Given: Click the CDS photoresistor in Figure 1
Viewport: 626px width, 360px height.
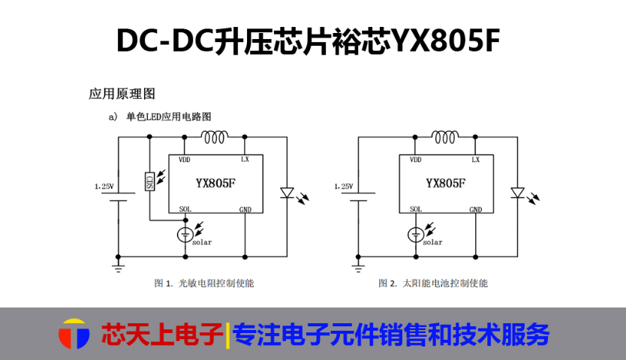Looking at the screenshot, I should coord(149,181).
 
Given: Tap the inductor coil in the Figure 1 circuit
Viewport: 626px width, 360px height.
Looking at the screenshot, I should coord(215,136).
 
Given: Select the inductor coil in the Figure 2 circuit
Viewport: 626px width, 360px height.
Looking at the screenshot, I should coord(444,136).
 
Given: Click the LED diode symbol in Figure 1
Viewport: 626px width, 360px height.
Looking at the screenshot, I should coord(287,193).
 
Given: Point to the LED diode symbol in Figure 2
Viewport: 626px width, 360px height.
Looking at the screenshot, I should coord(516,193).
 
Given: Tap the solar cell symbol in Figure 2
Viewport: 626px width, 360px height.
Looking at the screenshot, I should coord(416,234).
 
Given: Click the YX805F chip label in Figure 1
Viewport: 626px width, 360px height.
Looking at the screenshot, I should coord(215,182).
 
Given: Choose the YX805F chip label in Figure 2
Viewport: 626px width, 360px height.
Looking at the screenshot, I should coord(445,182).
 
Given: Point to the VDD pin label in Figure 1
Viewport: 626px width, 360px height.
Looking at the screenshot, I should coord(184,160).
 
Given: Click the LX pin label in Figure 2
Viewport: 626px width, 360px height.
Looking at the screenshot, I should coord(475,160).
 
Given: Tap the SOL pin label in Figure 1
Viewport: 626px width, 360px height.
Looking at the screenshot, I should coord(185,209).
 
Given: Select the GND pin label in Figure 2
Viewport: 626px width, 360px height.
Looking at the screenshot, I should coord(475,209).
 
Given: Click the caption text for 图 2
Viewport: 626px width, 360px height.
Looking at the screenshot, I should coord(433,283).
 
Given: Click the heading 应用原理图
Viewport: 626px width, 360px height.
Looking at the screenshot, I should coord(122,94).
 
